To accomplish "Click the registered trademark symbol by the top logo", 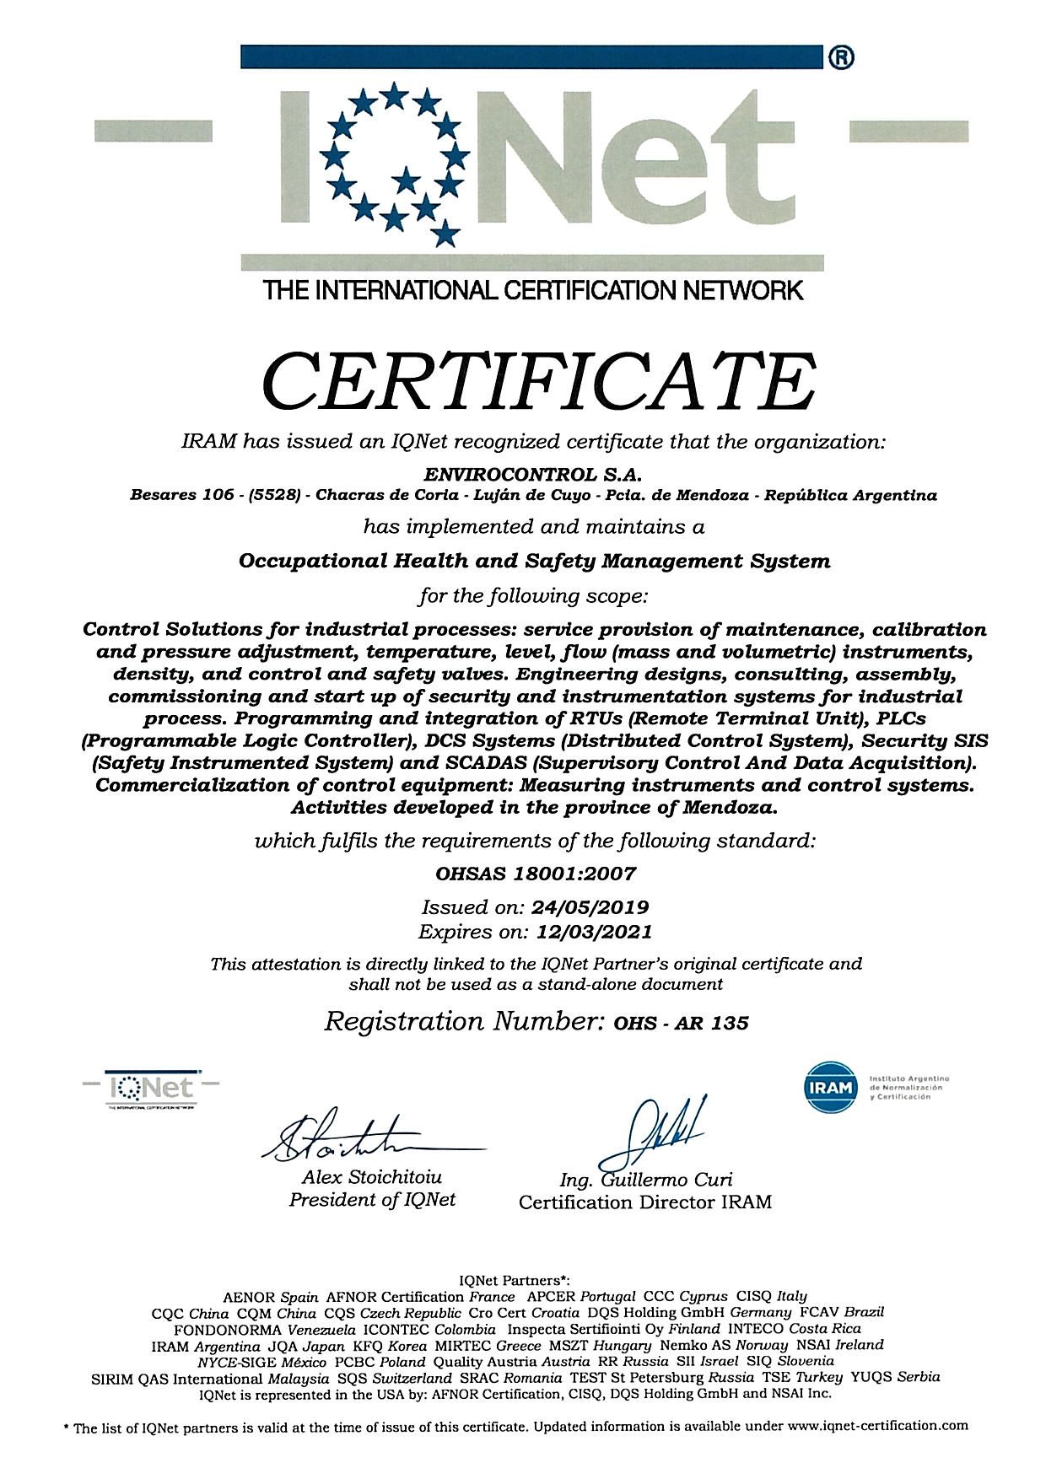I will (x=843, y=57).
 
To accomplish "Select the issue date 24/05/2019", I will (x=590, y=907).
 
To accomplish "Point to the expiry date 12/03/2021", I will (x=590, y=932).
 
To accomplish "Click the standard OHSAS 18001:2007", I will (x=535, y=874).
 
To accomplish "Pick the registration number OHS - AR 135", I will (x=681, y=1023).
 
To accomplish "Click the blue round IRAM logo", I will (x=832, y=1089).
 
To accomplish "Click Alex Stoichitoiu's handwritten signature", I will (x=354, y=1139).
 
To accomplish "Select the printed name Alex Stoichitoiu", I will (x=372, y=1177).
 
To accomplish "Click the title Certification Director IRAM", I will (x=645, y=1202).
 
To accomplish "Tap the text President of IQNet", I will (x=372, y=1200).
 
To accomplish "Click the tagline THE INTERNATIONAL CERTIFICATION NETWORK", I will (x=533, y=292).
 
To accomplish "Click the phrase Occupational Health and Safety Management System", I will (x=535, y=561).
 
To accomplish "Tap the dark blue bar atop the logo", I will (x=531, y=56).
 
